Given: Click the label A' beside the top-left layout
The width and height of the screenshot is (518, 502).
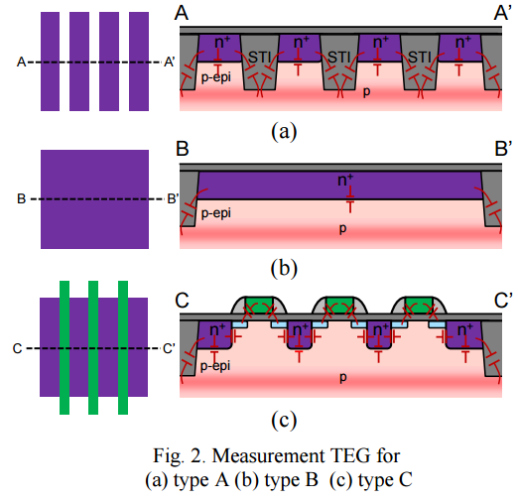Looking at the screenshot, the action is click(x=169, y=62).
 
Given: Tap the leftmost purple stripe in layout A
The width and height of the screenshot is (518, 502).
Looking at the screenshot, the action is click(x=50, y=62).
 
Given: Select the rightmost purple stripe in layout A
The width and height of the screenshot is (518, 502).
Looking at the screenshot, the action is click(x=139, y=62).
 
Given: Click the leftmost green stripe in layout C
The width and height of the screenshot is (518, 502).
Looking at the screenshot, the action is click(x=65, y=347).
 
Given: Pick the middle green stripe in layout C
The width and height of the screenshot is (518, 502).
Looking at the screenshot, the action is click(x=93, y=347).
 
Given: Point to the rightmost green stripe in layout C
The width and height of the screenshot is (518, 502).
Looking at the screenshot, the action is click(x=123, y=347).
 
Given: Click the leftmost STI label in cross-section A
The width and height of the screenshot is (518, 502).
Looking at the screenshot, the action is click(x=259, y=58).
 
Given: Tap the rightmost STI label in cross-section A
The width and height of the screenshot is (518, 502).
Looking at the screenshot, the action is click(x=420, y=58).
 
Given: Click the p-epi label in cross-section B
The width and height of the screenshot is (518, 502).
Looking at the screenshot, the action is click(x=216, y=213).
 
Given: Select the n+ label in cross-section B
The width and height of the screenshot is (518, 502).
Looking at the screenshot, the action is click(x=345, y=180).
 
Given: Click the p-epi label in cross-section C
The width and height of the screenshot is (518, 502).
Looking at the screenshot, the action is click(x=215, y=366).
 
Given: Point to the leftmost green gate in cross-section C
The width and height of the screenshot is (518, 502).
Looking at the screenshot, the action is click(x=259, y=305).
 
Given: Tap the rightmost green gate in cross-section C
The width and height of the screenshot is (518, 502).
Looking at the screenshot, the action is click(x=419, y=305).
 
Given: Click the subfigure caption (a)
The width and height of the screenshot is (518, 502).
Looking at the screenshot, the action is click(x=284, y=131).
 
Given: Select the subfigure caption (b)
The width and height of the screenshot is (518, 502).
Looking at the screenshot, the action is click(x=284, y=268).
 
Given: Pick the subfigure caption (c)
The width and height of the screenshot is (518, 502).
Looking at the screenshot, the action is click(x=284, y=420).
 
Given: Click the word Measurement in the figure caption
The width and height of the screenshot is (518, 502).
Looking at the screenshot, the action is click(x=268, y=455).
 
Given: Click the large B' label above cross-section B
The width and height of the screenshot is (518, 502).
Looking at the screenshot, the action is click(x=503, y=149).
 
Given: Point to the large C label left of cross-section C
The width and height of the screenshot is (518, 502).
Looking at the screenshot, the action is click(x=183, y=301).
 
